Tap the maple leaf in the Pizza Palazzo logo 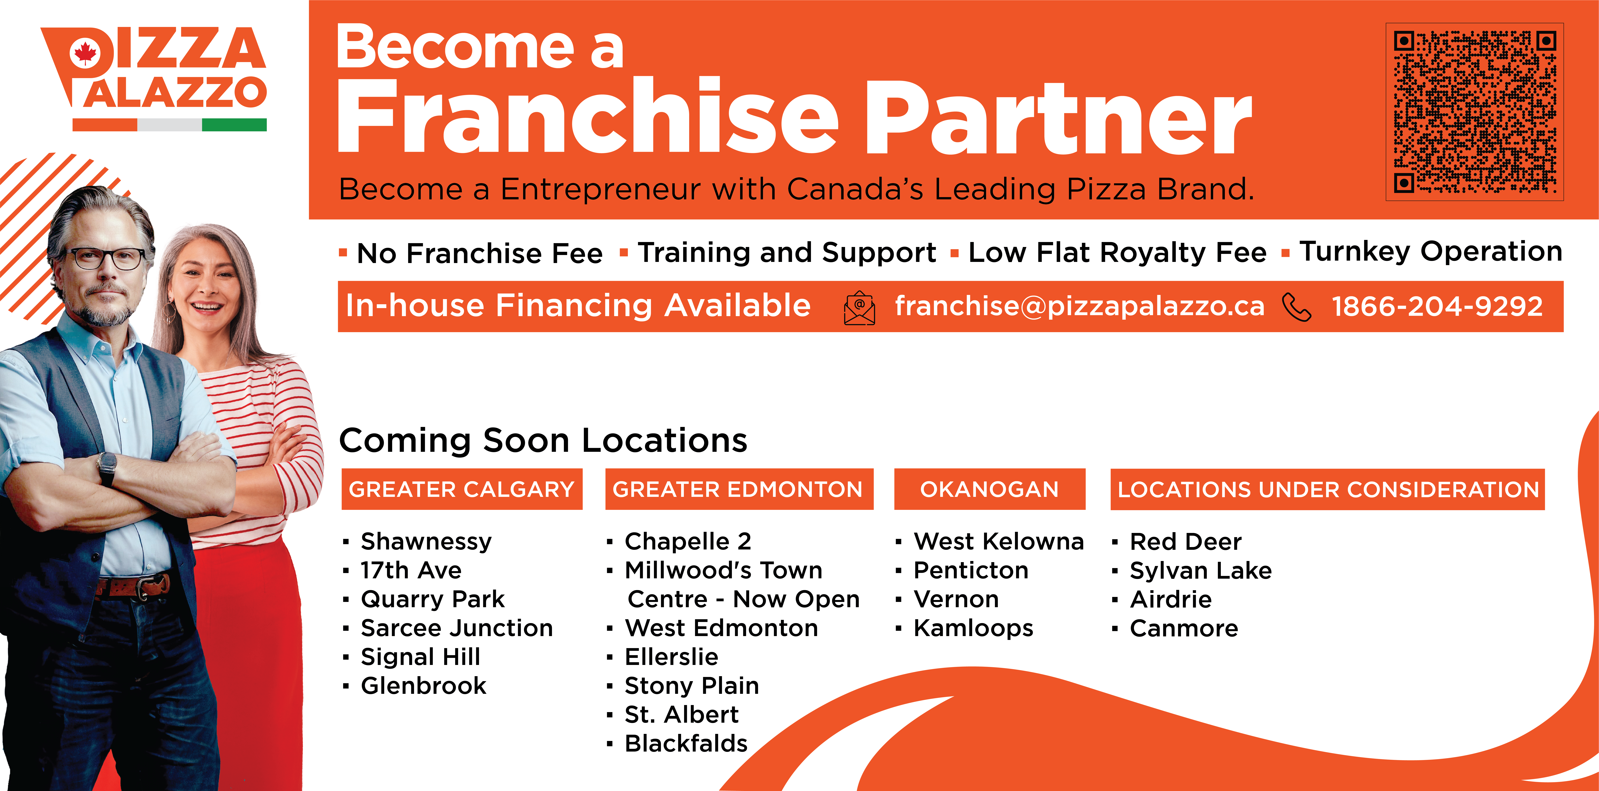click(85, 53)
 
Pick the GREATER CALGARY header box click(462, 489)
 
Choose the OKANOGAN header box click(989, 489)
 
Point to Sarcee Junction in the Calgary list click(457, 628)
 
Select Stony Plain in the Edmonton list click(692, 686)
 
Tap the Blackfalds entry click(686, 743)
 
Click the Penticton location click(971, 570)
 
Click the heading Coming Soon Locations click(543, 441)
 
